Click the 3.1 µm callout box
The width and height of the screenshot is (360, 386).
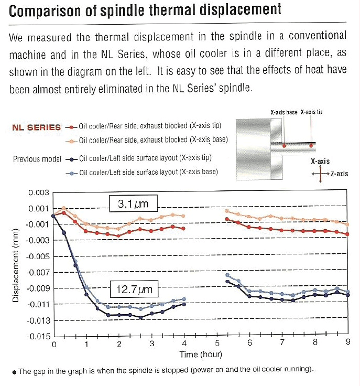pos(133,203)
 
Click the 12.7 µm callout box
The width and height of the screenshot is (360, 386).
pos(134,289)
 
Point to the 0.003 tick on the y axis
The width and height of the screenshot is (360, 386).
pos(39,192)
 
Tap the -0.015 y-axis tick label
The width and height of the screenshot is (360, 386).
pos(38,336)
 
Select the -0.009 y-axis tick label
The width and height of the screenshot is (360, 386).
pos(38,288)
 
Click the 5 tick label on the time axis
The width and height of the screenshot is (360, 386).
pos(217,343)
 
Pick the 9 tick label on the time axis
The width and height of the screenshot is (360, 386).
pos(348,342)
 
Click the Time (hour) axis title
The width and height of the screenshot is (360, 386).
pos(201,355)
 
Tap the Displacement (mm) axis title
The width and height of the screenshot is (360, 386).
pos(16,265)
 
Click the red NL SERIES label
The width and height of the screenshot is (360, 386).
pos(36,127)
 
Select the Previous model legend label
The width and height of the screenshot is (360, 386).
pos(37,159)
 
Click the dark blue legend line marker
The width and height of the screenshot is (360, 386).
pos(72,159)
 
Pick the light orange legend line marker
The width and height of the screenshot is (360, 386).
pos(72,142)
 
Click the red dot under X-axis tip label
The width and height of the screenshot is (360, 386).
pos(311,146)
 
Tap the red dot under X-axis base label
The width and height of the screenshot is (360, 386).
pos(284,146)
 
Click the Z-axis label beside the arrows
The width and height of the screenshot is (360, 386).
pos(340,174)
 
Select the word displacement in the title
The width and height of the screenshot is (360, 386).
pos(241,10)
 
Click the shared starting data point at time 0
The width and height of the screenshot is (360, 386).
pos(53,216)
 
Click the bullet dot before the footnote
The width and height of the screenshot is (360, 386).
pos(14,372)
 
